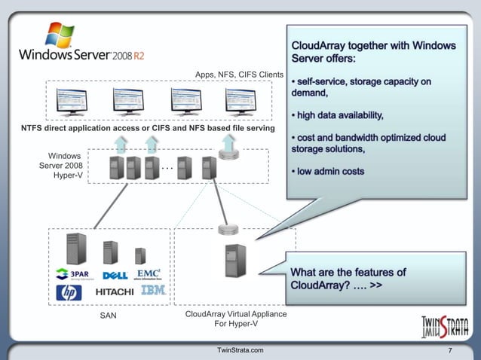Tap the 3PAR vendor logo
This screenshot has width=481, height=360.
point(72,273)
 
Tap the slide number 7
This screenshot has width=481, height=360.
point(450,352)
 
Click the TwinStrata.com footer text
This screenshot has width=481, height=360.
point(240,351)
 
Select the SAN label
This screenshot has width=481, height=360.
point(109,316)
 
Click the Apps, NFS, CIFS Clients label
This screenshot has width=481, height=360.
point(239,75)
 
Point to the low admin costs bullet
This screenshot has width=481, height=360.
point(331,172)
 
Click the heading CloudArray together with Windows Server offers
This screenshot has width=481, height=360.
point(373,52)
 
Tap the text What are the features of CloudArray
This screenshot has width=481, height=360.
point(348,279)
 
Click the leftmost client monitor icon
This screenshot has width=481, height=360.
point(72,101)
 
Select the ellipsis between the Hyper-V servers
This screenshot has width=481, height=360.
point(169,166)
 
